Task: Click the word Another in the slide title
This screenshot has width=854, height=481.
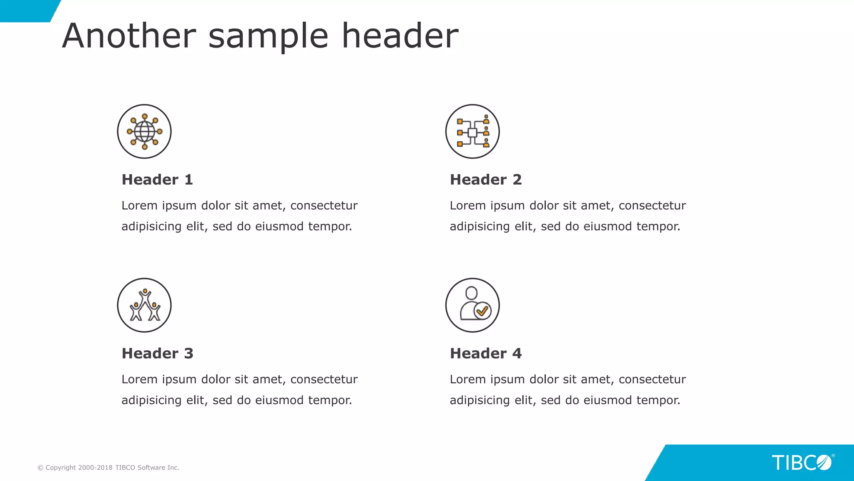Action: tap(129, 36)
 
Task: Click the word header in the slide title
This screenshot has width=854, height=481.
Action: tap(400, 36)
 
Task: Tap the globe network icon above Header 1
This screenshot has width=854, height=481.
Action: tap(144, 132)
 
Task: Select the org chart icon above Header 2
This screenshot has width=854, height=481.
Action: tap(472, 132)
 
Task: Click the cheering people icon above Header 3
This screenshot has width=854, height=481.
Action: tap(144, 305)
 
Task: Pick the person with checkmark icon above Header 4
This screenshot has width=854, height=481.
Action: tap(472, 305)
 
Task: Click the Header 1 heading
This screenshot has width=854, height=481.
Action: tap(157, 180)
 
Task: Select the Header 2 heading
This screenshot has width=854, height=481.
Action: tap(485, 180)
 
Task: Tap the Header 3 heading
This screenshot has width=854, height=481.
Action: tap(157, 353)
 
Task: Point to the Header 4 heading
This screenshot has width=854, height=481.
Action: tap(485, 353)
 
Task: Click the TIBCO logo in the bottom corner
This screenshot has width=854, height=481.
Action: tap(801, 463)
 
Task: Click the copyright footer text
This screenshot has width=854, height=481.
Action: tap(108, 468)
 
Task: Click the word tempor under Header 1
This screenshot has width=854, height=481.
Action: tap(330, 227)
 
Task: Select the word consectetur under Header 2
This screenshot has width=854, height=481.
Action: tap(652, 205)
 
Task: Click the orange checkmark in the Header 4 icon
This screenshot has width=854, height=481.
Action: tap(482, 311)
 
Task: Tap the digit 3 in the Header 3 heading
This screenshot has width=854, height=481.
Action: tap(188, 353)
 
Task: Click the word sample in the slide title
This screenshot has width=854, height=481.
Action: tap(268, 36)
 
